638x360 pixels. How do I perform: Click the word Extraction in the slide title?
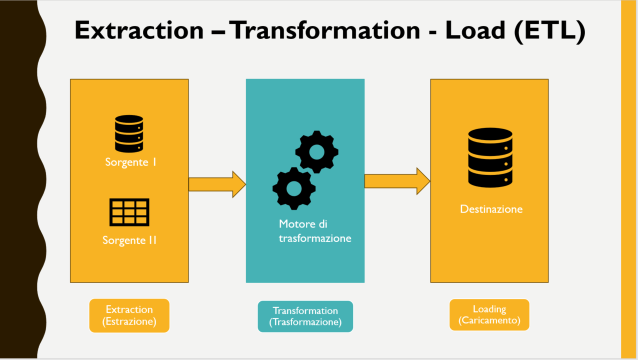(x=139, y=30)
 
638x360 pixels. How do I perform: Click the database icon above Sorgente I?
(x=129, y=133)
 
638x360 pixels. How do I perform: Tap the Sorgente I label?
(x=131, y=162)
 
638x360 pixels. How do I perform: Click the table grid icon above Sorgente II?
(x=129, y=212)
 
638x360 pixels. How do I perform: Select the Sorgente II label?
(x=129, y=240)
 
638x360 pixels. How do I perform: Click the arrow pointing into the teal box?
(x=217, y=184)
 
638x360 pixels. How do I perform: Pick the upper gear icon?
(x=316, y=152)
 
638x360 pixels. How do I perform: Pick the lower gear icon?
(x=294, y=188)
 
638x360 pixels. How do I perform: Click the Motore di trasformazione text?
(x=314, y=231)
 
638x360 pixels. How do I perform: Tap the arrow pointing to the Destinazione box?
(x=397, y=181)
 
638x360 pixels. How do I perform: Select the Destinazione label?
(x=491, y=209)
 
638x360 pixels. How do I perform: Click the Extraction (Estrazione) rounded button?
(x=129, y=315)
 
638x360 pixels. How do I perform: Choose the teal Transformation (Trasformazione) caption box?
(x=305, y=316)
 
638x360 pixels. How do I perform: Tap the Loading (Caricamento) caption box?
(x=489, y=315)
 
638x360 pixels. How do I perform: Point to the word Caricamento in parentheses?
(x=489, y=321)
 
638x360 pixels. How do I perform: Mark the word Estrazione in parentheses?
(x=129, y=321)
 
